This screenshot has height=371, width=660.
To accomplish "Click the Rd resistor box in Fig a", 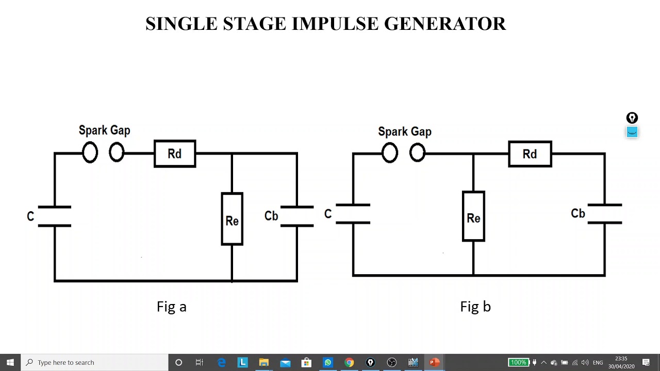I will pyautogui.click(x=175, y=154).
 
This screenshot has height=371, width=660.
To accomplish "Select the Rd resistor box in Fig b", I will pyautogui.click(x=530, y=154).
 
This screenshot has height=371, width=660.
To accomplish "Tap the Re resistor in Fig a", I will pyautogui.click(x=232, y=220).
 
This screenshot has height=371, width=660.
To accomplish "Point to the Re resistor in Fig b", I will pyautogui.click(x=473, y=217).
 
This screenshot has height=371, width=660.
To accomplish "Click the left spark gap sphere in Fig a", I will pyautogui.click(x=90, y=153).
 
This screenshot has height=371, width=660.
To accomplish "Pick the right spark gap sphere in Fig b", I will pyautogui.click(x=417, y=153).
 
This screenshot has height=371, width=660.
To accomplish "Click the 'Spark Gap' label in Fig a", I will pyautogui.click(x=104, y=130).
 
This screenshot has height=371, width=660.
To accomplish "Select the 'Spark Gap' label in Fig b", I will pyautogui.click(x=405, y=132).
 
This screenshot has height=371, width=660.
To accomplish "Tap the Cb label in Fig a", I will pyautogui.click(x=271, y=216).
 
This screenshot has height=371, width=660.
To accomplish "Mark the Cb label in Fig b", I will pyautogui.click(x=578, y=213).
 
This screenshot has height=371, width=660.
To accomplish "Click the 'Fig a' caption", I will pyautogui.click(x=171, y=307).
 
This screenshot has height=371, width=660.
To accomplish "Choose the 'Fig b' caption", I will pyautogui.click(x=475, y=307).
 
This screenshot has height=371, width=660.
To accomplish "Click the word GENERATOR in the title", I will pyautogui.click(x=445, y=24).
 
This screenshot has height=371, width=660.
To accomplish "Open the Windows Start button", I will pyautogui.click(x=10, y=362).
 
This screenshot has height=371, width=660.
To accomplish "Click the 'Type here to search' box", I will pyautogui.click(x=95, y=362).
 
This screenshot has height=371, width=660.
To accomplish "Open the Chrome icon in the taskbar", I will pyautogui.click(x=349, y=362).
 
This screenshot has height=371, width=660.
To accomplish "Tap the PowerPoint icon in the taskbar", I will pyautogui.click(x=434, y=362).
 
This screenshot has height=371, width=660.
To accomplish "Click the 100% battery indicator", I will pyautogui.click(x=518, y=362).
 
